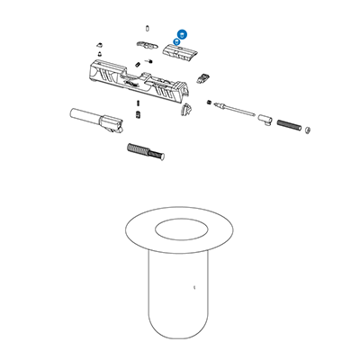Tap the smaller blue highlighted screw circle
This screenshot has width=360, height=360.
[x=177, y=42]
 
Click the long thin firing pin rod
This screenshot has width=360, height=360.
[x=237, y=111]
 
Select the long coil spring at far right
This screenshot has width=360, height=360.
[x=290, y=122]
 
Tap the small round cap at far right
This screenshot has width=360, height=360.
[x=309, y=130]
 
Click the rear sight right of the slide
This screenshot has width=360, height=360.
[x=206, y=76]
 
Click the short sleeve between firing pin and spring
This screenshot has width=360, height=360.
[x=265, y=117]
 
